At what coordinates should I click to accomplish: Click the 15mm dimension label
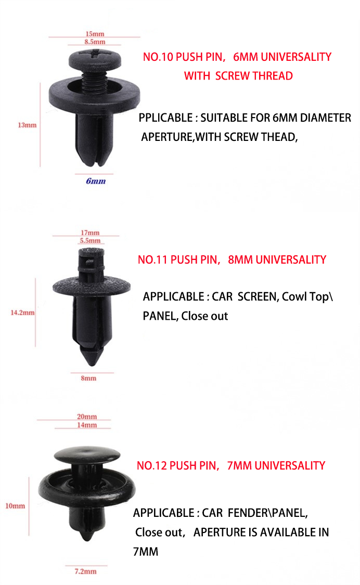click(95, 33)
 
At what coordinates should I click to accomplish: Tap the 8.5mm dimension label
click(95, 42)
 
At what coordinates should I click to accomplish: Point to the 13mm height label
click(27, 125)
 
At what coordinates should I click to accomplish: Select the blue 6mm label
click(96, 181)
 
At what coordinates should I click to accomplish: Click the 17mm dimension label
click(90, 232)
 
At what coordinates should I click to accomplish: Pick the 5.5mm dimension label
click(90, 241)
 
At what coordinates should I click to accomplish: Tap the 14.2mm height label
click(22, 313)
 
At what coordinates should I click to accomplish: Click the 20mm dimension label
click(87, 417)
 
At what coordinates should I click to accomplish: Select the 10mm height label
click(15, 505)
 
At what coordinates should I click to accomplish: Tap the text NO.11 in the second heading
click(152, 259)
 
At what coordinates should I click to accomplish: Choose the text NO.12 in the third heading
click(151, 465)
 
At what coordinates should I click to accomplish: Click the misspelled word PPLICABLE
click(165, 118)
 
